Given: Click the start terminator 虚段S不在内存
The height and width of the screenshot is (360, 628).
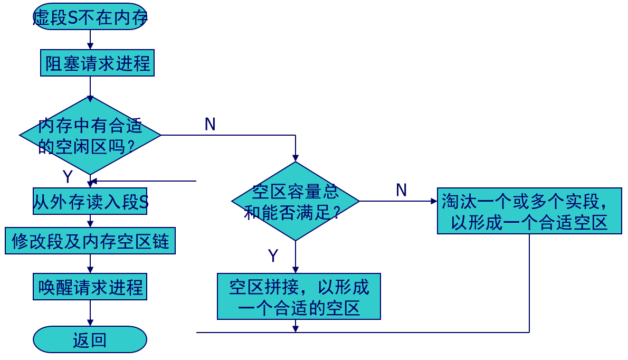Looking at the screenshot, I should (90, 17).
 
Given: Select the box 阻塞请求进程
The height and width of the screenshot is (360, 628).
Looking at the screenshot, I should (97, 63).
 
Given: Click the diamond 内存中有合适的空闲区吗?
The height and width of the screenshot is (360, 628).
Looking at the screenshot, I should (90, 135).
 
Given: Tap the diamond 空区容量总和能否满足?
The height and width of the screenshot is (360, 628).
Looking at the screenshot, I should (296, 201).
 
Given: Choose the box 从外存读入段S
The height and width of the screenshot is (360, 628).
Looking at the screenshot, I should (90, 201).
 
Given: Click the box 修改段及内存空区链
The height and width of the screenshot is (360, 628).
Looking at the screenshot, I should (90, 241).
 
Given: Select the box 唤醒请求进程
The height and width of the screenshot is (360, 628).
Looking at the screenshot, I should (90, 287).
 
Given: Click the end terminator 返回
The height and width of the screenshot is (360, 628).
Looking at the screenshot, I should (90, 339).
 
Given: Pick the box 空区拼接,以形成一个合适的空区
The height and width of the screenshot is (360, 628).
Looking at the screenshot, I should (299, 296).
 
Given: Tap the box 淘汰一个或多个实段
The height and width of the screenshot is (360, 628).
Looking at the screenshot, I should (529, 211).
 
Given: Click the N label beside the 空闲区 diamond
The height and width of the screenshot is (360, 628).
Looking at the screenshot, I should (210, 125).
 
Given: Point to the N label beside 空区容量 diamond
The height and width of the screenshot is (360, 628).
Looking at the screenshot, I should (401, 190).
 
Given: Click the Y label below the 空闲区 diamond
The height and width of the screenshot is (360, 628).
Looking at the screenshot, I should (67, 176).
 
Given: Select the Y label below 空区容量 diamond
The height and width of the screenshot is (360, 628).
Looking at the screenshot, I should (273, 256).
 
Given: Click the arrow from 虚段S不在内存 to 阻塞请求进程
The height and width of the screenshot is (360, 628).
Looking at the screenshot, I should (90, 40).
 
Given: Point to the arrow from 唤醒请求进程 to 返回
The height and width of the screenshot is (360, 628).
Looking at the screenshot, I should (90, 313).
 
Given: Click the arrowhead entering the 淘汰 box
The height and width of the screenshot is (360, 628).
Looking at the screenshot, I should (434, 201).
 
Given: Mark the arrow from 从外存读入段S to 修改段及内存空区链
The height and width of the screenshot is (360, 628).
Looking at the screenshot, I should (90, 221).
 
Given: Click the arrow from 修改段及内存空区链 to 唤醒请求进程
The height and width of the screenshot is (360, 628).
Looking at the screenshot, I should (90, 264).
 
